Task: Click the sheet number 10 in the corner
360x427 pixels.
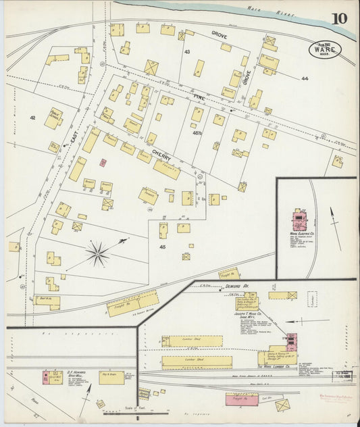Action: click(340, 18)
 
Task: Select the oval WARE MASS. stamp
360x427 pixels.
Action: click(325, 49)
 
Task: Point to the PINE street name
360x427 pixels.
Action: click(199, 99)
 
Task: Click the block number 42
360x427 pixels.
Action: click(32, 118)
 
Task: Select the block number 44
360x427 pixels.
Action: click(305, 79)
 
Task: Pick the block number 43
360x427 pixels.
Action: click(187, 51)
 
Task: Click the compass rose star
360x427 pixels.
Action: click(99, 254)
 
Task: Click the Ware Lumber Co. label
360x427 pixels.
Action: click(272, 365)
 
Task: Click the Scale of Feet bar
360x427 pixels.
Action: click(138, 411)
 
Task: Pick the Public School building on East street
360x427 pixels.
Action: click(54, 118)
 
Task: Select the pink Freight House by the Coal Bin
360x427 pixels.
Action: click(241, 399)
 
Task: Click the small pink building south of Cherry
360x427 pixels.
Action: click(103, 163)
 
